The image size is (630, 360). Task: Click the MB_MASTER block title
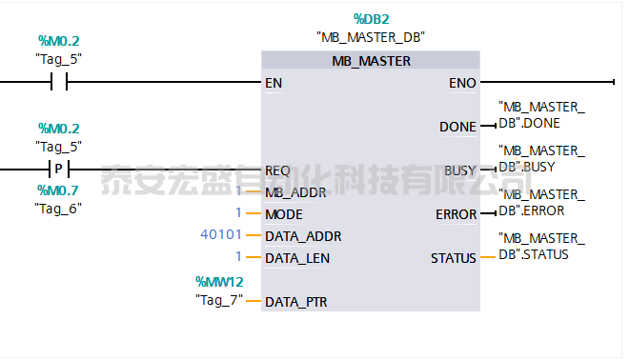click(371, 61)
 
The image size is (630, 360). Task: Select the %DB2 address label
click(371, 18)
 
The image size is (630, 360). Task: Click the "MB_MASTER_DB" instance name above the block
click(371, 37)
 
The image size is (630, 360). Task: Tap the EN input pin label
click(274, 83)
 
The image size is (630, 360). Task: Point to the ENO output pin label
click(462, 83)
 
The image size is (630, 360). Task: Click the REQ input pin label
click(277, 170)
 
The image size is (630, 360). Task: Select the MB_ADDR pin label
click(295, 192)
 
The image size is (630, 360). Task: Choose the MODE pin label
click(284, 214)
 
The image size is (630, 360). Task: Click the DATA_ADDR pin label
click(303, 236)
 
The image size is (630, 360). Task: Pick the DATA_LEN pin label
click(299, 258)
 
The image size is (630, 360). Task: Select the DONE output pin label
click(457, 127)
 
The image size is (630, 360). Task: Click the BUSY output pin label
click(460, 170)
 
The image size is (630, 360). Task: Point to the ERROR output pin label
click(456, 214)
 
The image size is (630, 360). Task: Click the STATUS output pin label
click(454, 258)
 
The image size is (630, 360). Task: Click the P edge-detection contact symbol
click(58, 170)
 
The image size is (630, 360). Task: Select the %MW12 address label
click(220, 281)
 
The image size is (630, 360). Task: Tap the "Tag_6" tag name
click(58, 207)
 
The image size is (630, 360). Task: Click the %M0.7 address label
click(58, 190)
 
